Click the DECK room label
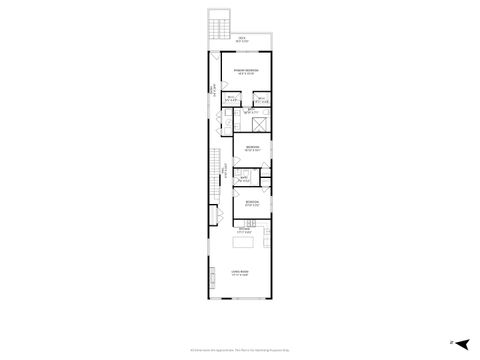[241, 37]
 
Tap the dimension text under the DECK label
[241, 41]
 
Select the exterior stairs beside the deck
[213, 31]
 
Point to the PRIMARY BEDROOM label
[246, 69]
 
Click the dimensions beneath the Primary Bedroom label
[246, 74]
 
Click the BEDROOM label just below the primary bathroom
[251, 147]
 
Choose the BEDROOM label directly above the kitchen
[252, 201]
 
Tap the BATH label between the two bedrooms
[243, 178]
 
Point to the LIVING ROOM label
[240, 272]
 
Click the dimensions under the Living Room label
[240, 277]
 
